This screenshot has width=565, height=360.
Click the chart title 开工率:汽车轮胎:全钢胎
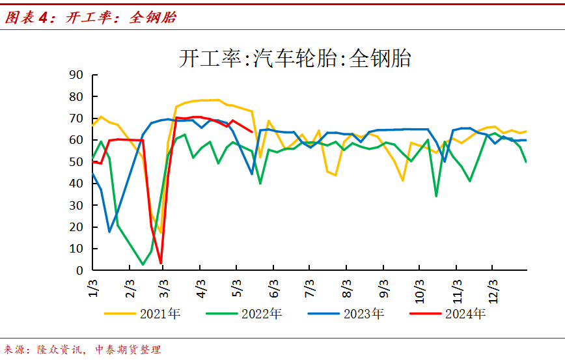point(295,59)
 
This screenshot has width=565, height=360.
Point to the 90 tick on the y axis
point(76,75)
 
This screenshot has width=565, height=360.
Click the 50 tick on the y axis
point(76,161)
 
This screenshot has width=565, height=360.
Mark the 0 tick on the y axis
point(79,270)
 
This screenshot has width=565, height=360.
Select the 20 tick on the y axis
point(76,227)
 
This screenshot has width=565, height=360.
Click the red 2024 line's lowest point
point(160,263)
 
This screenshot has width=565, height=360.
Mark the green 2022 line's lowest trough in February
point(143,264)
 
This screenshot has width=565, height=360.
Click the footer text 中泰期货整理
point(128,350)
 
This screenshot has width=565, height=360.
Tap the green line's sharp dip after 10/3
point(436,196)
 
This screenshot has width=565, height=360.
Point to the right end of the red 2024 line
point(252,132)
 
